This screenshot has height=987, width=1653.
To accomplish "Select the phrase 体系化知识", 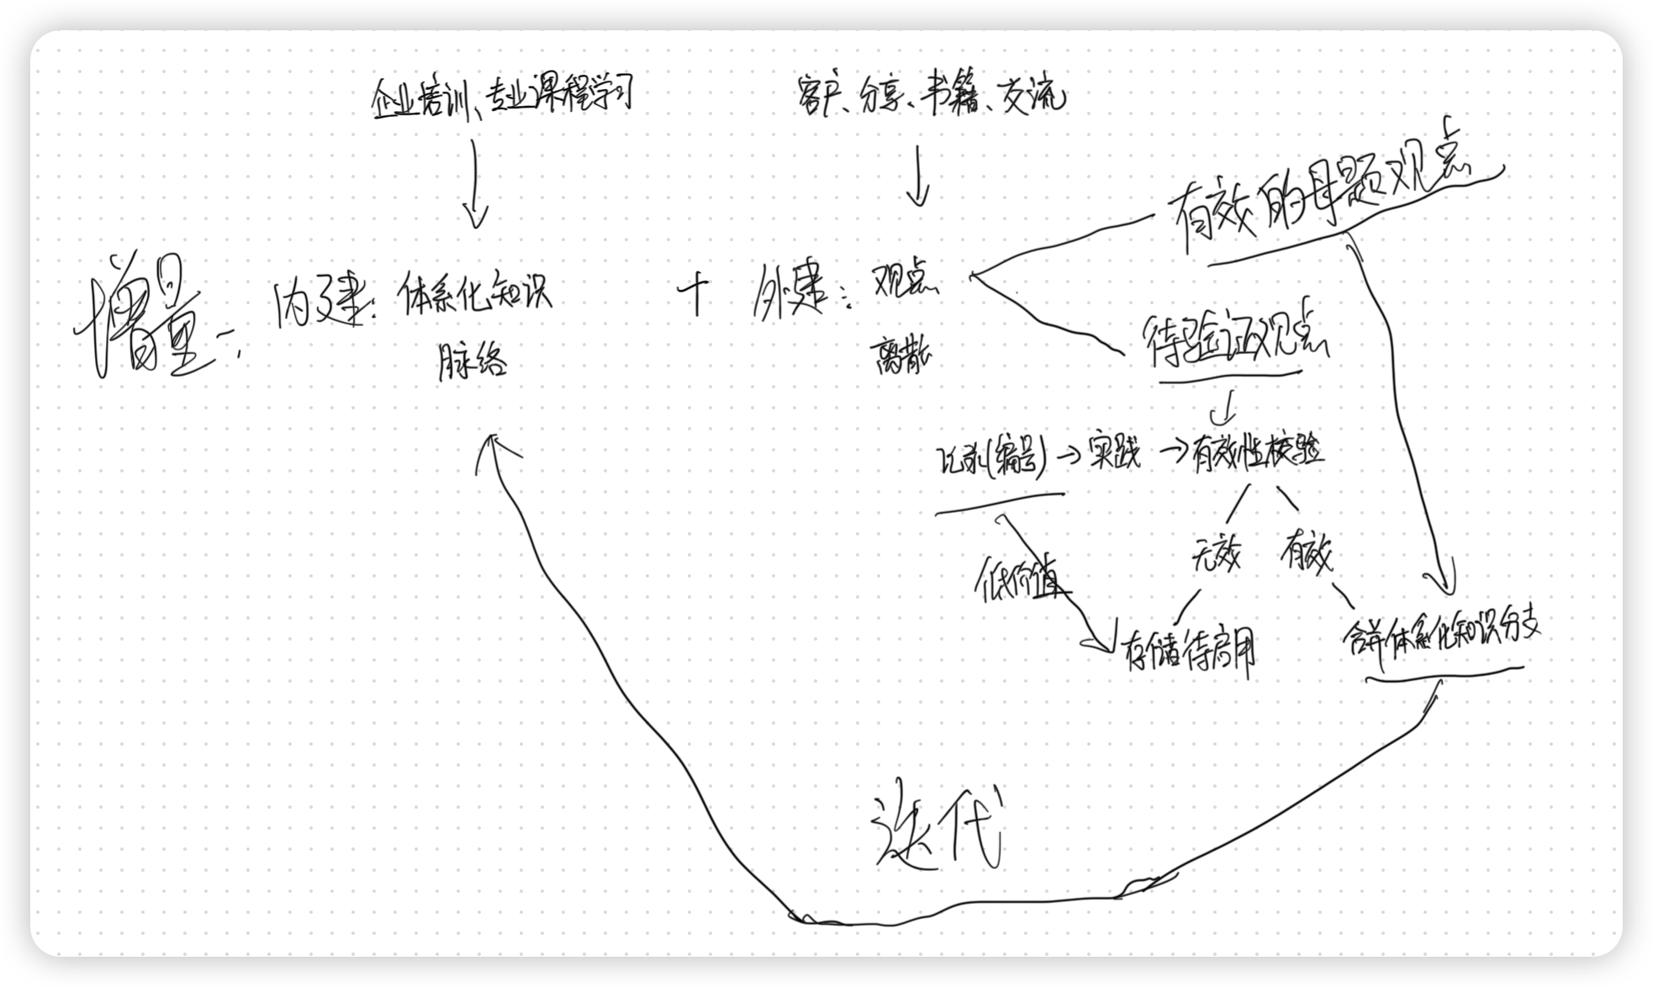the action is [476, 293].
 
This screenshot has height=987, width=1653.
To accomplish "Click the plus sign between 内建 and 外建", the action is [695, 295].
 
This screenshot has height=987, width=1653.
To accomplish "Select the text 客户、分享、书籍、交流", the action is [929, 98].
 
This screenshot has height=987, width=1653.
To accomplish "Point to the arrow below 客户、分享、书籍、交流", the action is [917, 177].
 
